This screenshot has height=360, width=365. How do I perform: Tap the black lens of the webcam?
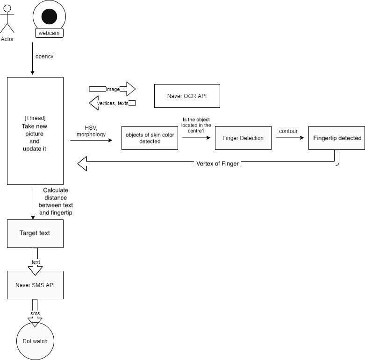[x=49, y=16]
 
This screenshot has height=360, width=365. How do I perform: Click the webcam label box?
[x=49, y=34]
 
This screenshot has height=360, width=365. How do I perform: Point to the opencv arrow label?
[x=45, y=56]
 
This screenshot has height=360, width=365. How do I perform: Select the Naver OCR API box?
[x=187, y=96]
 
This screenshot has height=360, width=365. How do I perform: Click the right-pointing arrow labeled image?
[x=112, y=89]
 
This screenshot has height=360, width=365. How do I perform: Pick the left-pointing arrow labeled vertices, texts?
[x=112, y=103]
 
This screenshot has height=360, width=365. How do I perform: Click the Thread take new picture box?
[x=35, y=131]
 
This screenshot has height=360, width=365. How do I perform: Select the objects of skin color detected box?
[x=150, y=138]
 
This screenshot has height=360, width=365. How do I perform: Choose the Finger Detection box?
[x=243, y=138]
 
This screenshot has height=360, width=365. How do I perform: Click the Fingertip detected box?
[x=336, y=138]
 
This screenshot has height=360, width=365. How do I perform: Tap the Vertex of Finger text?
[x=217, y=164]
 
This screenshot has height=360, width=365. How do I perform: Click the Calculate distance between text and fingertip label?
[x=56, y=201]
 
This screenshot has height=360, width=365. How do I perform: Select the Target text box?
[x=35, y=233]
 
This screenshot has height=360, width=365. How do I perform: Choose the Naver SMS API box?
[x=35, y=285]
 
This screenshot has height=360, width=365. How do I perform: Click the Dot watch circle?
[x=35, y=341]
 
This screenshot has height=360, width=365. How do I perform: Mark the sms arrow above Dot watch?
[x=35, y=316]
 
